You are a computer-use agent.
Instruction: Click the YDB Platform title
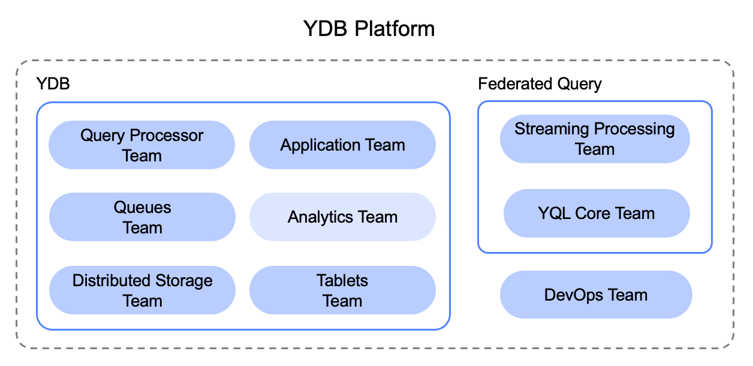click(369, 29)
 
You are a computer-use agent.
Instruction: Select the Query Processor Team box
click(141, 145)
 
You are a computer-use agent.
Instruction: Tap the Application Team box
click(342, 145)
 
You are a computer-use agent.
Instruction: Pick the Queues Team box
click(142, 217)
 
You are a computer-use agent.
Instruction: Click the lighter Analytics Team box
click(342, 217)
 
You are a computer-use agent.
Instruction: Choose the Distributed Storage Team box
click(142, 290)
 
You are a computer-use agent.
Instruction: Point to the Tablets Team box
click(342, 290)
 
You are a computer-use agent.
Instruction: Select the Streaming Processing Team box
click(595, 139)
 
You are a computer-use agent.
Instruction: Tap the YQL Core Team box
click(597, 213)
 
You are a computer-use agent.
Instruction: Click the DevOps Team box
click(596, 295)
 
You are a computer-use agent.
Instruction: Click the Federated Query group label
click(540, 84)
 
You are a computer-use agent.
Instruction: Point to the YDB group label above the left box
click(53, 83)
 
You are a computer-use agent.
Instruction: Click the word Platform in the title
click(394, 29)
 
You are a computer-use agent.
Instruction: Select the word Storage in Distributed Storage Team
click(184, 281)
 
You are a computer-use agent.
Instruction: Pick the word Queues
click(142, 208)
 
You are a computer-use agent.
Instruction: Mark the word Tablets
click(342, 281)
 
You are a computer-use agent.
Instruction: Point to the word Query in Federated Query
click(579, 84)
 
